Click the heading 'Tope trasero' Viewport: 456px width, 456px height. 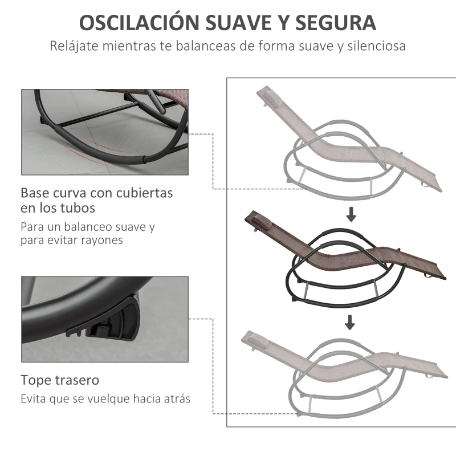click(x=60, y=380)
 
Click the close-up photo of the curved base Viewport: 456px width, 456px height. click(x=104, y=132)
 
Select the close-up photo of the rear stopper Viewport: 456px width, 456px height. click(x=104, y=319)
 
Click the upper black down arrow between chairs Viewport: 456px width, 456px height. click(x=351, y=215)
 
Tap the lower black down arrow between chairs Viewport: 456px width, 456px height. click(x=350, y=323)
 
